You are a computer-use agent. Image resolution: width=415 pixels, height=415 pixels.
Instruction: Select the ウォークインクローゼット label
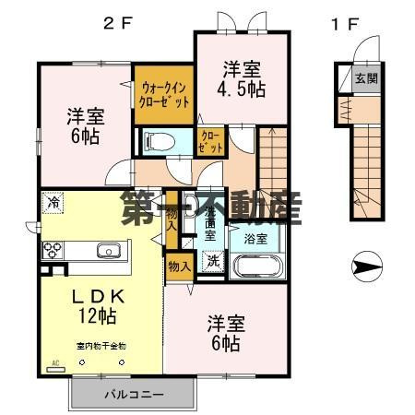coord(163,95)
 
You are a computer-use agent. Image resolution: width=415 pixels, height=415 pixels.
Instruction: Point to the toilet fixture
coord(160,141)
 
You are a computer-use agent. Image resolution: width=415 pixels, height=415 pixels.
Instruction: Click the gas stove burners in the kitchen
coord(52,250)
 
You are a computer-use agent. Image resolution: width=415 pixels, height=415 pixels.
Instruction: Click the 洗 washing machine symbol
coord(212,259)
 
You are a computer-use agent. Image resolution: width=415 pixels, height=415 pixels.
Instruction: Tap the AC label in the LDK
coord(54,362)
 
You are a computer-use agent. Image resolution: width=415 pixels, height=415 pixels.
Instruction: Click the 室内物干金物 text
coord(101,346)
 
